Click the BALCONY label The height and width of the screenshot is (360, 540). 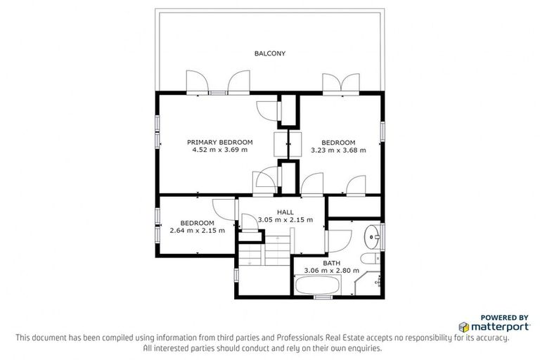(x=270, y=53)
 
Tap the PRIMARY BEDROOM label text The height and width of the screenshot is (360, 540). (x=219, y=142)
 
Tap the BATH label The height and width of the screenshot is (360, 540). (x=331, y=263)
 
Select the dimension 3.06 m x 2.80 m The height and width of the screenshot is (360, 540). (x=331, y=271)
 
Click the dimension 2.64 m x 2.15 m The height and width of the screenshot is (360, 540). (x=198, y=230)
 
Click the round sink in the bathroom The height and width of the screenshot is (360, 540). (x=371, y=235)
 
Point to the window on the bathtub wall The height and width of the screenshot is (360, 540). (x=322, y=297)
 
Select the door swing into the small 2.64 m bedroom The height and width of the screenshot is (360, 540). (x=222, y=209)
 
